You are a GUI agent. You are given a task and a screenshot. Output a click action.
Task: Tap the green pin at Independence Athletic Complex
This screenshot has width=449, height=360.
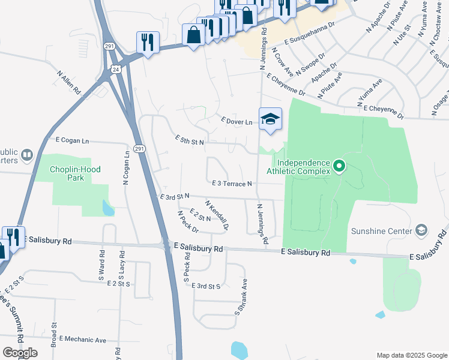[339, 166]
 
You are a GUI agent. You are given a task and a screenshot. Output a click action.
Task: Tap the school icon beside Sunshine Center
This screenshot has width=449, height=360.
[421, 230]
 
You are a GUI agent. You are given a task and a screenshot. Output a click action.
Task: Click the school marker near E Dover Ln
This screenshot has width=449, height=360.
[270, 119]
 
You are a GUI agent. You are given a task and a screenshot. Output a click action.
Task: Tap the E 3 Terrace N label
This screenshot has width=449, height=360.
[231, 183]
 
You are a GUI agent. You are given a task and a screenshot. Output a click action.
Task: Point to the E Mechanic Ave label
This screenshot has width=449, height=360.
[82, 340]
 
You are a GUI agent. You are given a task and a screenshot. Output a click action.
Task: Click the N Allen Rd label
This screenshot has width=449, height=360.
[69, 83]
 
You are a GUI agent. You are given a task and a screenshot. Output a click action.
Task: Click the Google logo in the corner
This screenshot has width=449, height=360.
[20, 352]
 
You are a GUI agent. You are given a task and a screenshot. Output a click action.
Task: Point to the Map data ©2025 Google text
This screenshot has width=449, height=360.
[411, 355]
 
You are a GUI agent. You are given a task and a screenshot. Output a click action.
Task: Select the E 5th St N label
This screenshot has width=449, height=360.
[190, 140]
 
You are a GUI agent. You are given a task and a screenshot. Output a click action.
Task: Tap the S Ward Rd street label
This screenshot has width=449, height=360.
[101, 268]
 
